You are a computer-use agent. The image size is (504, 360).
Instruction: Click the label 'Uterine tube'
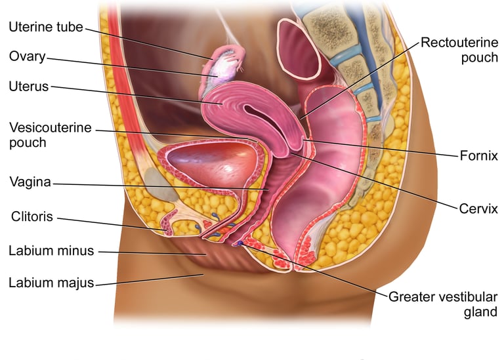46,27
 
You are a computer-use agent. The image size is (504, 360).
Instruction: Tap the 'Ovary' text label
27,56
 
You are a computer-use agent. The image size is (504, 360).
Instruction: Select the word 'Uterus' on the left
29,87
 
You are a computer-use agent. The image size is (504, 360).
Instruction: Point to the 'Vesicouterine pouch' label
50,134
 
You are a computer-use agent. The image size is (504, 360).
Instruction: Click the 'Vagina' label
30,182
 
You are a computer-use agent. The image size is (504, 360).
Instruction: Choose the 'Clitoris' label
32,216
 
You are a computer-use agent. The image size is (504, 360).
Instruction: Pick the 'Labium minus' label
51,250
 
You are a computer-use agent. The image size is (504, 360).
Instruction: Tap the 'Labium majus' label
51,283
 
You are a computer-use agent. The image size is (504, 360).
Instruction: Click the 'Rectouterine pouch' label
459,50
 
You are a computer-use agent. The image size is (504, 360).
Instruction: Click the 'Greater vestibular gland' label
443,304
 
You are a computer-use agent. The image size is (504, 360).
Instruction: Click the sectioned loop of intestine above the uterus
299,52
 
